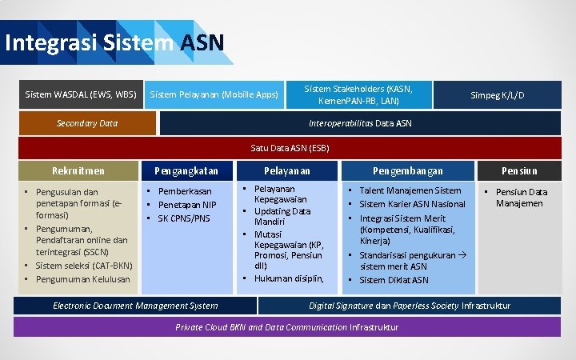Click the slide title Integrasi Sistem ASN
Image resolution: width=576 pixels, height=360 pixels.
(x=114, y=42)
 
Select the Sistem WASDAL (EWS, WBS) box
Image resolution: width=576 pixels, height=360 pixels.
(x=80, y=95)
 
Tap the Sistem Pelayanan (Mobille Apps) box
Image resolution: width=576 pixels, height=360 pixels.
(x=214, y=95)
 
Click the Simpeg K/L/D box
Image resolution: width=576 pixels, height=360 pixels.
(x=498, y=95)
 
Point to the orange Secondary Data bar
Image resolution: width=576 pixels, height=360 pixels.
(x=87, y=123)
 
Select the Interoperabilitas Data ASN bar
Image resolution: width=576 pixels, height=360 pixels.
(x=360, y=123)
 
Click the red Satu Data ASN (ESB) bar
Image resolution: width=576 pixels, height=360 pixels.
(x=289, y=148)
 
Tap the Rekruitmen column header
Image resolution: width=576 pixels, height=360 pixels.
(x=78, y=170)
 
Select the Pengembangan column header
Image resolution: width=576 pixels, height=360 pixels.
(x=407, y=170)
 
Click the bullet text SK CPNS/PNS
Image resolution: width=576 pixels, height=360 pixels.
(x=184, y=218)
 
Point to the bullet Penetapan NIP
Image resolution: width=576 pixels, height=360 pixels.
(x=187, y=205)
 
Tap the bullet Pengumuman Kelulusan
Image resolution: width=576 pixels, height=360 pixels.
(x=83, y=278)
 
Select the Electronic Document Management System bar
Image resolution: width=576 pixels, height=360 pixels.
(x=135, y=306)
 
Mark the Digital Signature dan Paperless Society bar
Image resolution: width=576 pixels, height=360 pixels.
(x=410, y=306)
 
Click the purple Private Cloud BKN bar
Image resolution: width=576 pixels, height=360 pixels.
(x=286, y=327)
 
